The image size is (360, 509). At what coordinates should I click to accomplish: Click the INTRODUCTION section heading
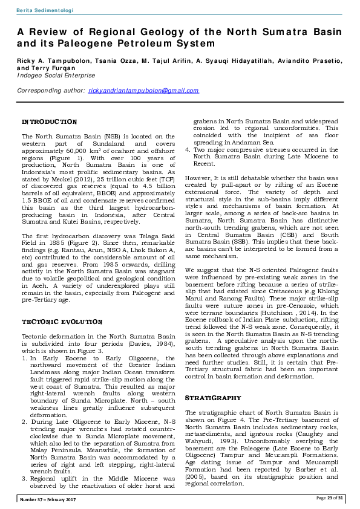coord(49,122)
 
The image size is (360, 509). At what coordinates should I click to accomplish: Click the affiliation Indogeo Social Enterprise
coord(56,76)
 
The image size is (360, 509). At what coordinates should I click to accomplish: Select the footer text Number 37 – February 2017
coord(48,498)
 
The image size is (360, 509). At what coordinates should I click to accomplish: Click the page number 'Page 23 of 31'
coord(330,498)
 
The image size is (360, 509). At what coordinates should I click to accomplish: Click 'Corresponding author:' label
coord(50,91)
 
